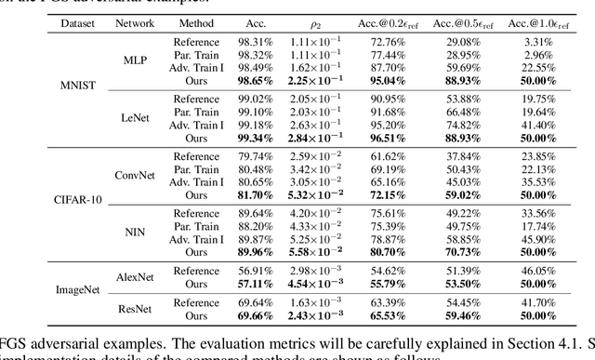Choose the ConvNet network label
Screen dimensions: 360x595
coord(136,174)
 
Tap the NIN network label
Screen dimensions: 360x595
coord(136,225)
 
